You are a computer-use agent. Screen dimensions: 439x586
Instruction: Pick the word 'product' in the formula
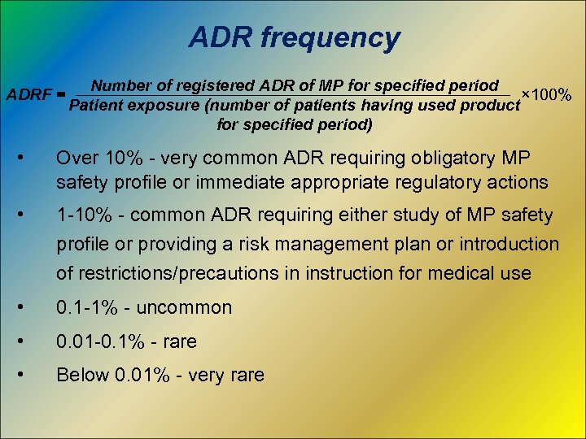[487, 105]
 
